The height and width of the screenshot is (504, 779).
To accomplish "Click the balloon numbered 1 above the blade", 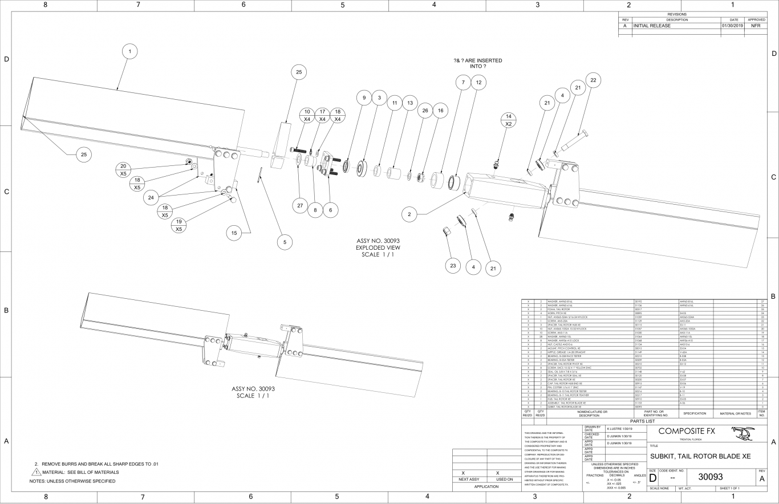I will coord(130,52).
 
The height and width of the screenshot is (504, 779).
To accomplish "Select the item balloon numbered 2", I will coord(408,214).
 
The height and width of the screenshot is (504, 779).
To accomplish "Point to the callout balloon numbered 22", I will coord(593,80).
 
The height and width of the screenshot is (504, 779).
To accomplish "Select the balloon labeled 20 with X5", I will coord(123,169).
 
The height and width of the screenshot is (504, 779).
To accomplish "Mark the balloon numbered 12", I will coord(478,83).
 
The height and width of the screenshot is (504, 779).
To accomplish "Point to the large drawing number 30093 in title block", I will coord(715,476).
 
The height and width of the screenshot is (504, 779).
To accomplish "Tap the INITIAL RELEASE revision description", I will coord(652,26).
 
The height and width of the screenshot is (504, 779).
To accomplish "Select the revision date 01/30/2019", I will coord(732,26).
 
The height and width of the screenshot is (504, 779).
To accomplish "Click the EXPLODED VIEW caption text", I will coord(378,247).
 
